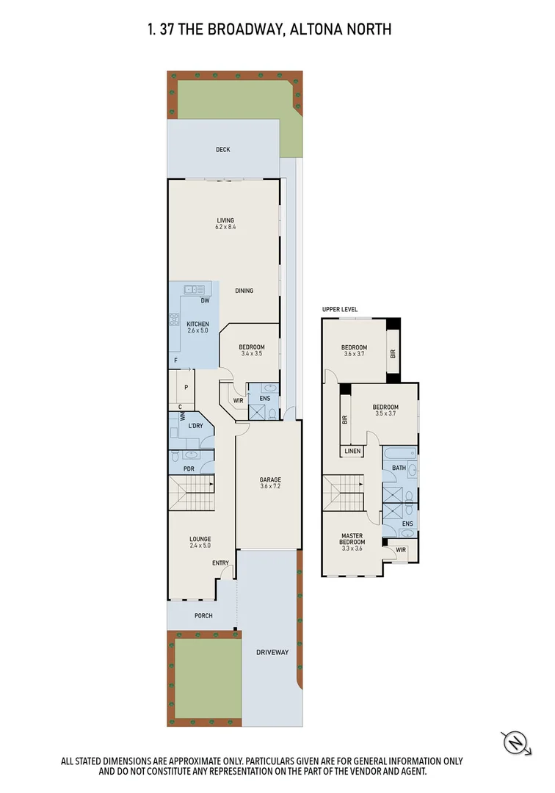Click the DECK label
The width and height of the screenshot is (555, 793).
coord(222,150)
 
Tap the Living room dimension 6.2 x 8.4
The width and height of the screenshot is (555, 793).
coord(225,228)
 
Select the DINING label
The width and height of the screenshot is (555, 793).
coord(244,291)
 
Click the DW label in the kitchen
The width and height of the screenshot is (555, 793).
coord(205,301)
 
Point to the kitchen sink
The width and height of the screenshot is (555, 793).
coord(195,289)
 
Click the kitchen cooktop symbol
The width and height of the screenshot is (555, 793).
coord(175,319)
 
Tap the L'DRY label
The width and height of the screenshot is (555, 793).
coord(195,426)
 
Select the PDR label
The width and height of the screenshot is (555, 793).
coord(189,468)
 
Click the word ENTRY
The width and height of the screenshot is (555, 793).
coord(220,563)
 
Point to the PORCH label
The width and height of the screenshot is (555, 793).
coord(203,615)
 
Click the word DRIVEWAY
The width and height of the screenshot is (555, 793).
coord(272,652)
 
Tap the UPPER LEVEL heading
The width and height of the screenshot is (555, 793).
coord(340,310)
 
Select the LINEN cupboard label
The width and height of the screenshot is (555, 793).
coord(352,451)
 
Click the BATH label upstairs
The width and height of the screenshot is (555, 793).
coord(398,468)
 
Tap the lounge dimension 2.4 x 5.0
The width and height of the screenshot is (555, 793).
coord(200,546)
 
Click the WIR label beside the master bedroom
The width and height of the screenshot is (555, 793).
coord(400,548)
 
